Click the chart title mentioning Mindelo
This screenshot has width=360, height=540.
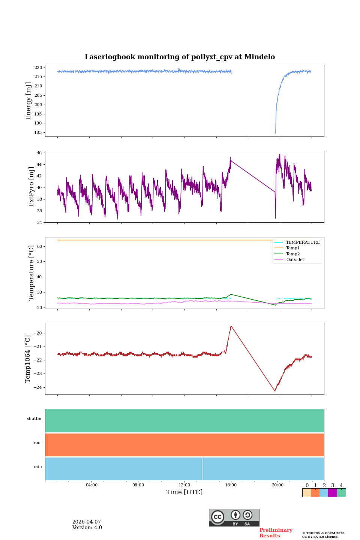[x=180, y=57]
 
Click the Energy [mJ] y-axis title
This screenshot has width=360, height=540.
[x=28, y=101]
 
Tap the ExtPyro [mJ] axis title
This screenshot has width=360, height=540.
[x=31, y=187]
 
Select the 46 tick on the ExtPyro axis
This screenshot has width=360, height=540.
[x=40, y=153]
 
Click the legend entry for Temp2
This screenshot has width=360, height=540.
[x=293, y=254]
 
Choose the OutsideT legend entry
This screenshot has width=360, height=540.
[x=295, y=259]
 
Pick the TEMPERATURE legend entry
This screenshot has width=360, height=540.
[x=303, y=242]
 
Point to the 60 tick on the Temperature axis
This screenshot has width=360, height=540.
[x=40, y=246]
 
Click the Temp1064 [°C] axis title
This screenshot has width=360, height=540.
[x=28, y=359]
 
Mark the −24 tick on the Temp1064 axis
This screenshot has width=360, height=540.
[x=37, y=387]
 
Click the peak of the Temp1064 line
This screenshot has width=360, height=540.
[x=231, y=326]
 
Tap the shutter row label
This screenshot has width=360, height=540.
[x=34, y=419]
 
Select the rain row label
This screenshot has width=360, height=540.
[x=38, y=467]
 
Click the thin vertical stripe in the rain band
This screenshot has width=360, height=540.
[x=202, y=469]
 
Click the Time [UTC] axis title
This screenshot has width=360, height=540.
[x=184, y=492]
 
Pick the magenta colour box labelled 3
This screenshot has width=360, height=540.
[x=332, y=493]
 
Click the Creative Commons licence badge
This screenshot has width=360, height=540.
[x=234, y=517]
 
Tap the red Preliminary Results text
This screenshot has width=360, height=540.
[x=276, y=533]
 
